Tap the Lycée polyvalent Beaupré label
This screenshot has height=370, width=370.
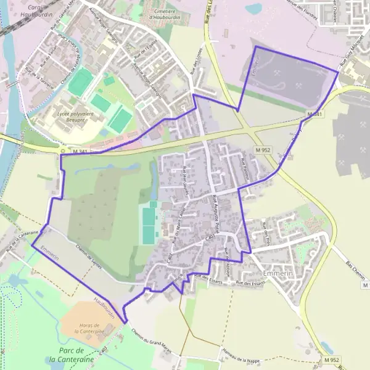[x=67, y=117]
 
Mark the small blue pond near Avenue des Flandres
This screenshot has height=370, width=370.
[x=253, y=9]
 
